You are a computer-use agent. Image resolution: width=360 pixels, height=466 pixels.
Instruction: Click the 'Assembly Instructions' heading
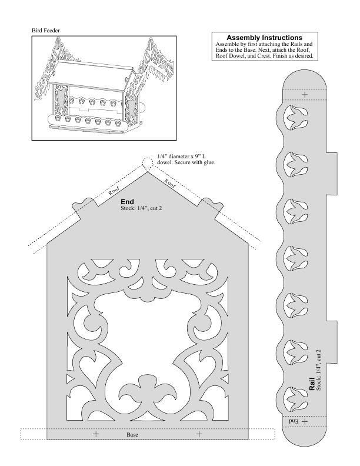pyautogui.click(x=264, y=38)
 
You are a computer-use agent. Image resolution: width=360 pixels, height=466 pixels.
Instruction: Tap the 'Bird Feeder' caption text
pyautogui.click(x=46, y=31)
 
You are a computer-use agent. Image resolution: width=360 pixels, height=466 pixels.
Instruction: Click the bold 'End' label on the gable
pyautogui.click(x=127, y=202)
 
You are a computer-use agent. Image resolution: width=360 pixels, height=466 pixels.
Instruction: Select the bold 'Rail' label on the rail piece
pyautogui.click(x=312, y=384)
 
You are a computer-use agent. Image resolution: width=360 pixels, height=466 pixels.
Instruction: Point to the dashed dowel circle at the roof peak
pyautogui.click(x=146, y=162)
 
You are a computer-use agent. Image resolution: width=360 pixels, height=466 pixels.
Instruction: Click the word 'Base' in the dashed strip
pyautogui.click(x=132, y=434)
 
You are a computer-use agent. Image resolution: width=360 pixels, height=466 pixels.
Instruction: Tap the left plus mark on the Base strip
pyautogui.click(x=96, y=434)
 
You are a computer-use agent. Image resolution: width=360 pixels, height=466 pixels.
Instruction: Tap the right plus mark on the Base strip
pyautogui.click(x=199, y=434)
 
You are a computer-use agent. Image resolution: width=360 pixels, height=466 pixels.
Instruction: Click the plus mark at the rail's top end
pyautogui.click(x=305, y=95)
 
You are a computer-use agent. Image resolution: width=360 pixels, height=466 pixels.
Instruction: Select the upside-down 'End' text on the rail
pyautogui.click(x=294, y=421)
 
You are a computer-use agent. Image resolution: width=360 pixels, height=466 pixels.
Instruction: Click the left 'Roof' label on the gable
pyautogui.click(x=114, y=190)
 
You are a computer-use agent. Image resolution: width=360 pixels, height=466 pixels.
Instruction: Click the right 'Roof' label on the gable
pyautogui.click(x=170, y=183)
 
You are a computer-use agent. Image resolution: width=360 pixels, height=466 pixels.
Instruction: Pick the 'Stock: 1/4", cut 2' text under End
pyautogui.click(x=141, y=208)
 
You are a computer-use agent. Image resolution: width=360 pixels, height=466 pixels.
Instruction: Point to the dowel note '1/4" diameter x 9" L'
pyautogui.click(x=182, y=157)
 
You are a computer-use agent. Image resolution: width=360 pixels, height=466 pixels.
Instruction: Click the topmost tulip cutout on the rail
pyautogui.click(x=296, y=118)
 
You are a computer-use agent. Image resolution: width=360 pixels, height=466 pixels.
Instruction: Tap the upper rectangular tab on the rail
pyautogui.click(x=332, y=174)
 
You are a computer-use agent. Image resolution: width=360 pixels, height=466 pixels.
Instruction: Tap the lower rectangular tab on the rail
pyautogui.click(x=332, y=342)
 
